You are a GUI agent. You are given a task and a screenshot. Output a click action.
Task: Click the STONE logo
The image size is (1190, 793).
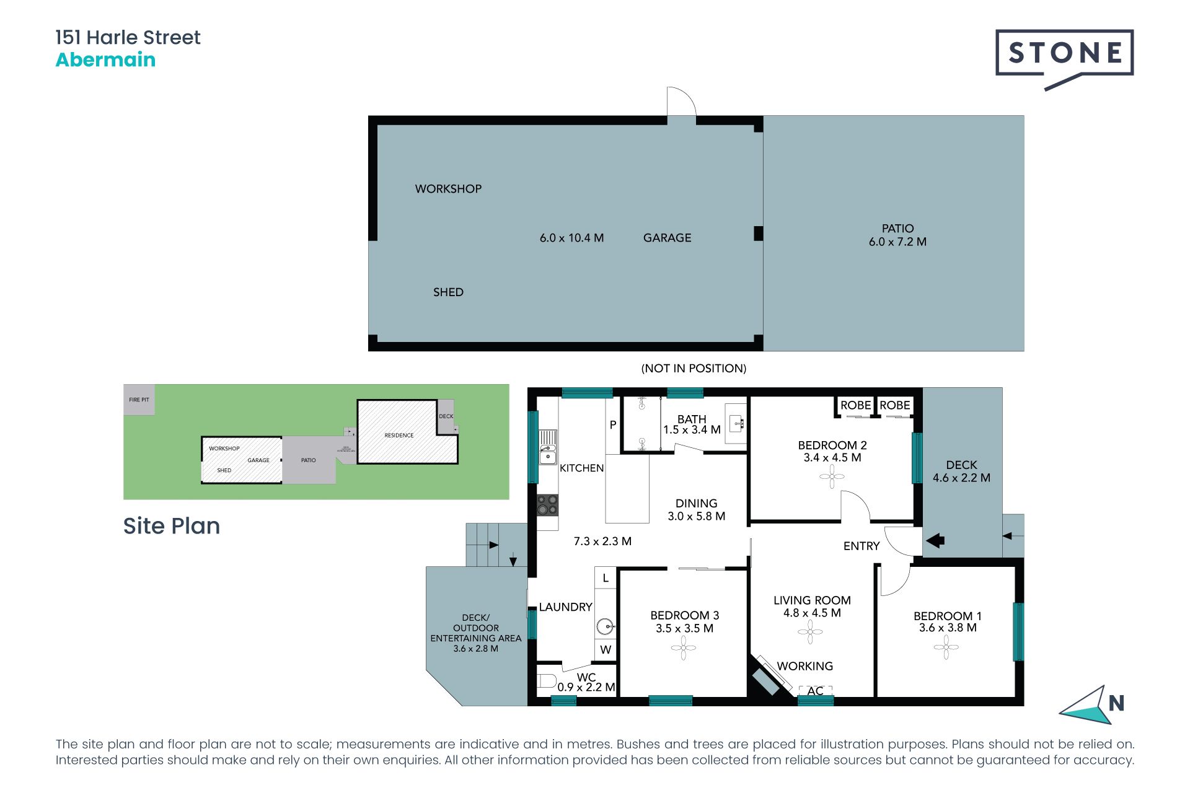pyautogui.click(x=1064, y=55)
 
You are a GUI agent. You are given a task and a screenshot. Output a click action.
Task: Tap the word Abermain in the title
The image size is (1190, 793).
pyautogui.click(x=105, y=60)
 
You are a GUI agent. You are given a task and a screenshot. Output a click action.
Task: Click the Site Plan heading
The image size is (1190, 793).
pyautogui.click(x=172, y=526)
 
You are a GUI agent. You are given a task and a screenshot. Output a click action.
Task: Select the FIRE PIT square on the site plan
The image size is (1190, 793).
pyautogui.click(x=139, y=400)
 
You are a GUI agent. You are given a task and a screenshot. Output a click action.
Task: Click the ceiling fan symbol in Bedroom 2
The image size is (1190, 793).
pyautogui.click(x=831, y=477)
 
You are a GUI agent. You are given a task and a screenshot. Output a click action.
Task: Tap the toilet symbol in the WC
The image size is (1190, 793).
pyautogui.click(x=546, y=681)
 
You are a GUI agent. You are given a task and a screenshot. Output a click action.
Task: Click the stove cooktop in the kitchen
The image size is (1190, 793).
pyautogui.click(x=547, y=505)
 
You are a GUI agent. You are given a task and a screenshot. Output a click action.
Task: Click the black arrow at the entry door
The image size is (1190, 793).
pyautogui.click(x=935, y=540)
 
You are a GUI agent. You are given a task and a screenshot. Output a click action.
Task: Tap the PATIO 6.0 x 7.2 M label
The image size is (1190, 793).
pyautogui.click(x=897, y=235)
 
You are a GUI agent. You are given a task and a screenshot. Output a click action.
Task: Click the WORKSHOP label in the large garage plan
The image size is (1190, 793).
pyautogui.click(x=448, y=189)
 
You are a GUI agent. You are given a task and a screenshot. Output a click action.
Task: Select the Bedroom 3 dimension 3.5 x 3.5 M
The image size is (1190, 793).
pyautogui.click(x=684, y=628)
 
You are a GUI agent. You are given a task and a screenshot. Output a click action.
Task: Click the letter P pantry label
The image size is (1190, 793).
pyautogui.click(x=613, y=425)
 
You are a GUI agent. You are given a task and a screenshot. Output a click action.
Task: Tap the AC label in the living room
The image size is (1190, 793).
pyautogui.click(x=815, y=691)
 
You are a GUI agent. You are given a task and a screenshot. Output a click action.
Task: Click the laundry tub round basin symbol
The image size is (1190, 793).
pyautogui.click(x=605, y=626)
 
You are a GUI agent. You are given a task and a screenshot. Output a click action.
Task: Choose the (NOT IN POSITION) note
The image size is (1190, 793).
pyautogui.click(x=694, y=369)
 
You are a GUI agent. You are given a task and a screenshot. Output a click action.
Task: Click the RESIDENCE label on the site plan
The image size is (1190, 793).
pyautogui.click(x=399, y=436)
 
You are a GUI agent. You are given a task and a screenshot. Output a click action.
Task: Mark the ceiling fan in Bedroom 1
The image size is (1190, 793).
pyautogui.click(x=946, y=648)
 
